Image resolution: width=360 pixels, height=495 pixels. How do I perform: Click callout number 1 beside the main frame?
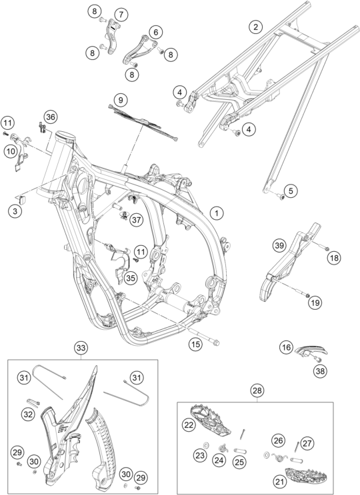point(216,213)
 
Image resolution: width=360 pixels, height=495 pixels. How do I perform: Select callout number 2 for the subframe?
point(255,27)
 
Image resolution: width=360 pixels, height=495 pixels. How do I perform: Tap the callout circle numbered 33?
point(81,348)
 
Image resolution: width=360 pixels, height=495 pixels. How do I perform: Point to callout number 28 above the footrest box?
point(257,390)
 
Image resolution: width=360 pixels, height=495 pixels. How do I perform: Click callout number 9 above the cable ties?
point(120,101)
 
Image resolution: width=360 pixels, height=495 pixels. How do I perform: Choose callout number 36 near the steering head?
point(50,117)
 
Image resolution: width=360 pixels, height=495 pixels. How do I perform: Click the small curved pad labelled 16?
point(311,350)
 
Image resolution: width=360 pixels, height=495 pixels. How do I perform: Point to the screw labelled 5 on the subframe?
point(281,197)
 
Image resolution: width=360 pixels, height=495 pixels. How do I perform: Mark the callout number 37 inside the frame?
point(136,220)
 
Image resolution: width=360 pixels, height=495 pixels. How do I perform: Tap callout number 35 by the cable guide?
point(131,278)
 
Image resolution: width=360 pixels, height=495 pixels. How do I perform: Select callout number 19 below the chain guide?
point(315,302)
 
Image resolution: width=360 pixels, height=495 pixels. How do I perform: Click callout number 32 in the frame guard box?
point(28,414)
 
